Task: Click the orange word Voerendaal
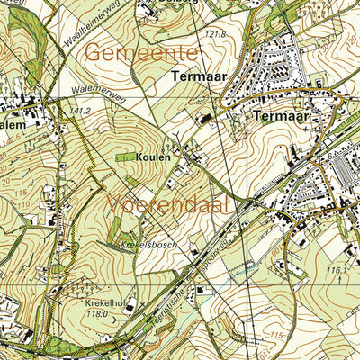168,205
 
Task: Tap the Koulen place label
153,157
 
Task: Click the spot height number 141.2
81,111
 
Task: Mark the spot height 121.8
214,35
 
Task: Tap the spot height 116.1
337,269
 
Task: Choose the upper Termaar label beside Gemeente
197,78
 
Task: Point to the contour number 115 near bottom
278,336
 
